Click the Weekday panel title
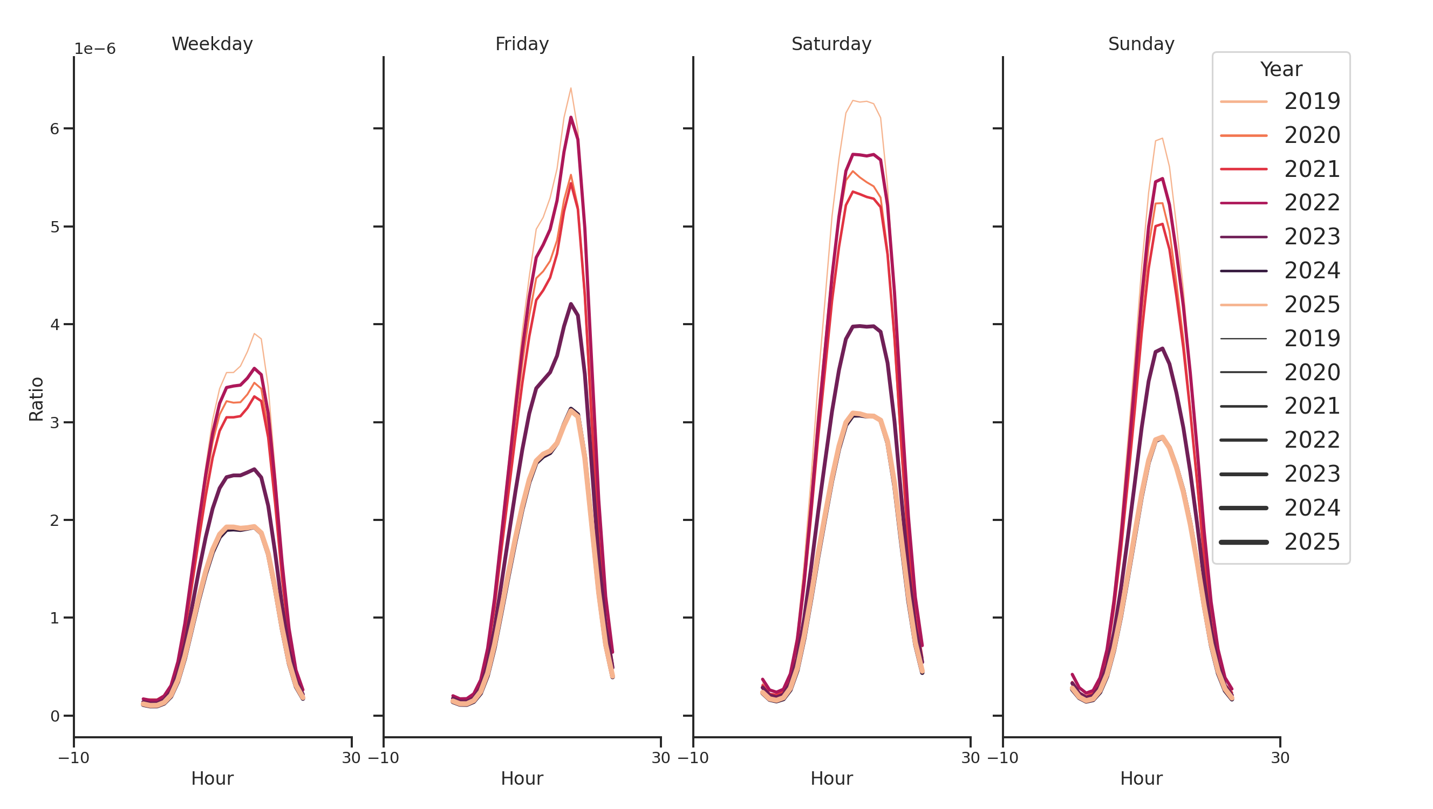(212, 44)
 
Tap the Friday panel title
(522, 44)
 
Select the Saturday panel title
(831, 44)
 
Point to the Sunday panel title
(1141, 44)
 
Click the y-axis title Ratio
(36, 399)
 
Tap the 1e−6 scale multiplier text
(95, 49)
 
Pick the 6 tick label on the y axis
(54, 129)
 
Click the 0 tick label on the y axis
(54, 716)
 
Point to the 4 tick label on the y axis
(54, 325)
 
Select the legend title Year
(1280, 70)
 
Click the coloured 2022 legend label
(1312, 203)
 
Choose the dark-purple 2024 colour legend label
(1312, 271)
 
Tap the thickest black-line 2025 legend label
(1312, 542)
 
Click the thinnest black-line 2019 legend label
(1312, 339)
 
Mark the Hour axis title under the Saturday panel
(831, 778)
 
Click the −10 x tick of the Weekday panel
(74, 758)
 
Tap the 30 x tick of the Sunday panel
(1280, 758)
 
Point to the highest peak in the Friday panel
(571, 88)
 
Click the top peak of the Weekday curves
(254, 334)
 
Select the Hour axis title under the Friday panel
(522, 778)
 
